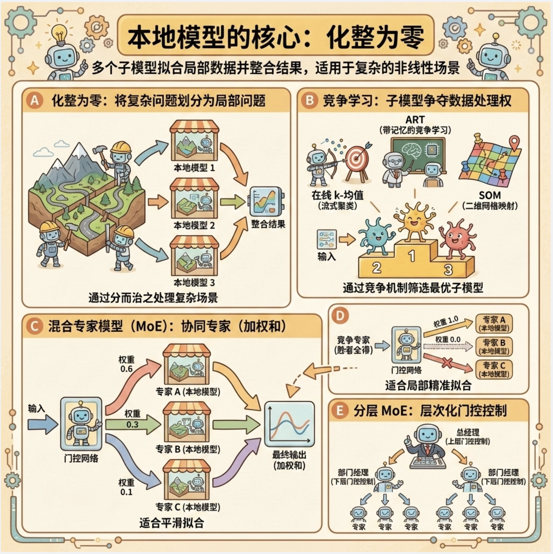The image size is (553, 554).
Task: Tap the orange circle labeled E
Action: tap(339, 411)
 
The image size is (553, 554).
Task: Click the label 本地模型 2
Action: tap(194, 225)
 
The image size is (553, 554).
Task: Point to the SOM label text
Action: tap(490, 195)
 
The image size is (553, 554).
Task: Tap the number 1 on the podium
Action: tap(412, 256)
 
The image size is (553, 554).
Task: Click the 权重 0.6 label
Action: tap(126, 364)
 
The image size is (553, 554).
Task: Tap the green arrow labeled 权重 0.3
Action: tap(133, 424)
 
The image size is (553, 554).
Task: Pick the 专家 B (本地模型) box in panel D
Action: tap(494, 346)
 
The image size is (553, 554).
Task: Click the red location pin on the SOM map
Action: tap(514, 143)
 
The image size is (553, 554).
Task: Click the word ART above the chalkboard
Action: tap(415, 120)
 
